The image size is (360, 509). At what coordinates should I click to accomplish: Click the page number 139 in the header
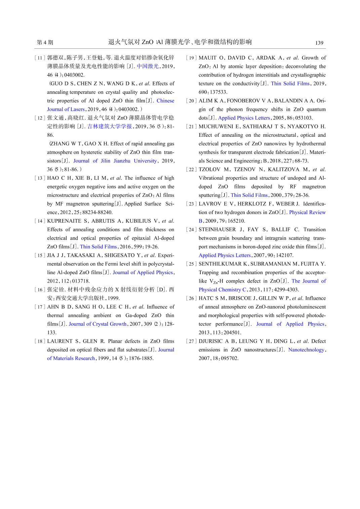click(x=319, y=43)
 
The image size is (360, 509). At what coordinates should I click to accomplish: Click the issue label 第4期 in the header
click(x=45, y=42)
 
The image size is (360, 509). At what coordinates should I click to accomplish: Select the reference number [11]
click(x=40, y=58)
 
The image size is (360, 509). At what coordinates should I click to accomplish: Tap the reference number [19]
click(x=191, y=58)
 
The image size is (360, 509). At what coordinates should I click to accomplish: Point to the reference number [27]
click(x=191, y=341)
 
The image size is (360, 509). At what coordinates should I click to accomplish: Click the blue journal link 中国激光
click(x=148, y=66)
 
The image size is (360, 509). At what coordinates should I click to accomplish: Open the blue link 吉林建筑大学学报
click(x=110, y=126)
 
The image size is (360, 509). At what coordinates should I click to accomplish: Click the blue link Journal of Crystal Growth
click(x=97, y=324)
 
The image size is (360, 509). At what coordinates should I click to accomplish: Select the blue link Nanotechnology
click(x=306, y=350)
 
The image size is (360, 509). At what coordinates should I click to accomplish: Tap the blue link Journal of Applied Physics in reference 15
click(x=143, y=272)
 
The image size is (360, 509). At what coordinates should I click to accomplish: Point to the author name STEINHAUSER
click(x=217, y=229)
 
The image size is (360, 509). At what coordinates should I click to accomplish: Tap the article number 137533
click(x=218, y=92)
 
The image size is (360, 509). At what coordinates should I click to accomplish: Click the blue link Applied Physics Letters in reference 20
click(x=244, y=118)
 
